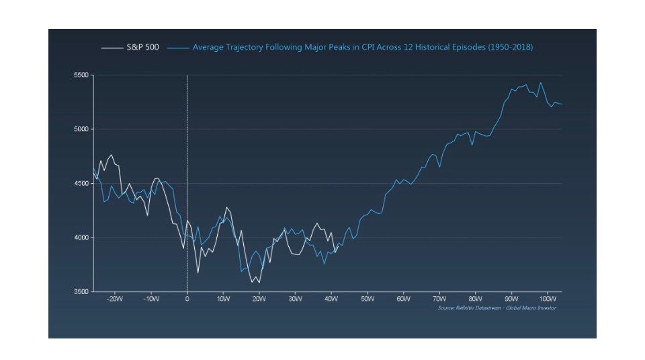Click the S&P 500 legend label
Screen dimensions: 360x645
click(142, 48)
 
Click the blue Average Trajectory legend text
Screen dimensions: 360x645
click(363, 48)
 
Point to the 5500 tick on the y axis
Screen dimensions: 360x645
click(81, 75)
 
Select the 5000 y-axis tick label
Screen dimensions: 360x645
click(81, 129)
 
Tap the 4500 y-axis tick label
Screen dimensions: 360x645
click(81, 184)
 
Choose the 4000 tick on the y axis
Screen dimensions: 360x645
click(81, 238)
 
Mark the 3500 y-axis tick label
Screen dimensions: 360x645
click(81, 292)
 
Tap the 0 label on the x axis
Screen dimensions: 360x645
click(187, 299)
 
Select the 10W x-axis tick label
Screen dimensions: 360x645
click(223, 299)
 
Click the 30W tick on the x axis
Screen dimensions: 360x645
click(295, 299)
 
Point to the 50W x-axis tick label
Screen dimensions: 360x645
click(367, 299)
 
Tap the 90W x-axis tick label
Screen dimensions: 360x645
click(511, 299)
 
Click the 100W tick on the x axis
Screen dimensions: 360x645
click(547, 299)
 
